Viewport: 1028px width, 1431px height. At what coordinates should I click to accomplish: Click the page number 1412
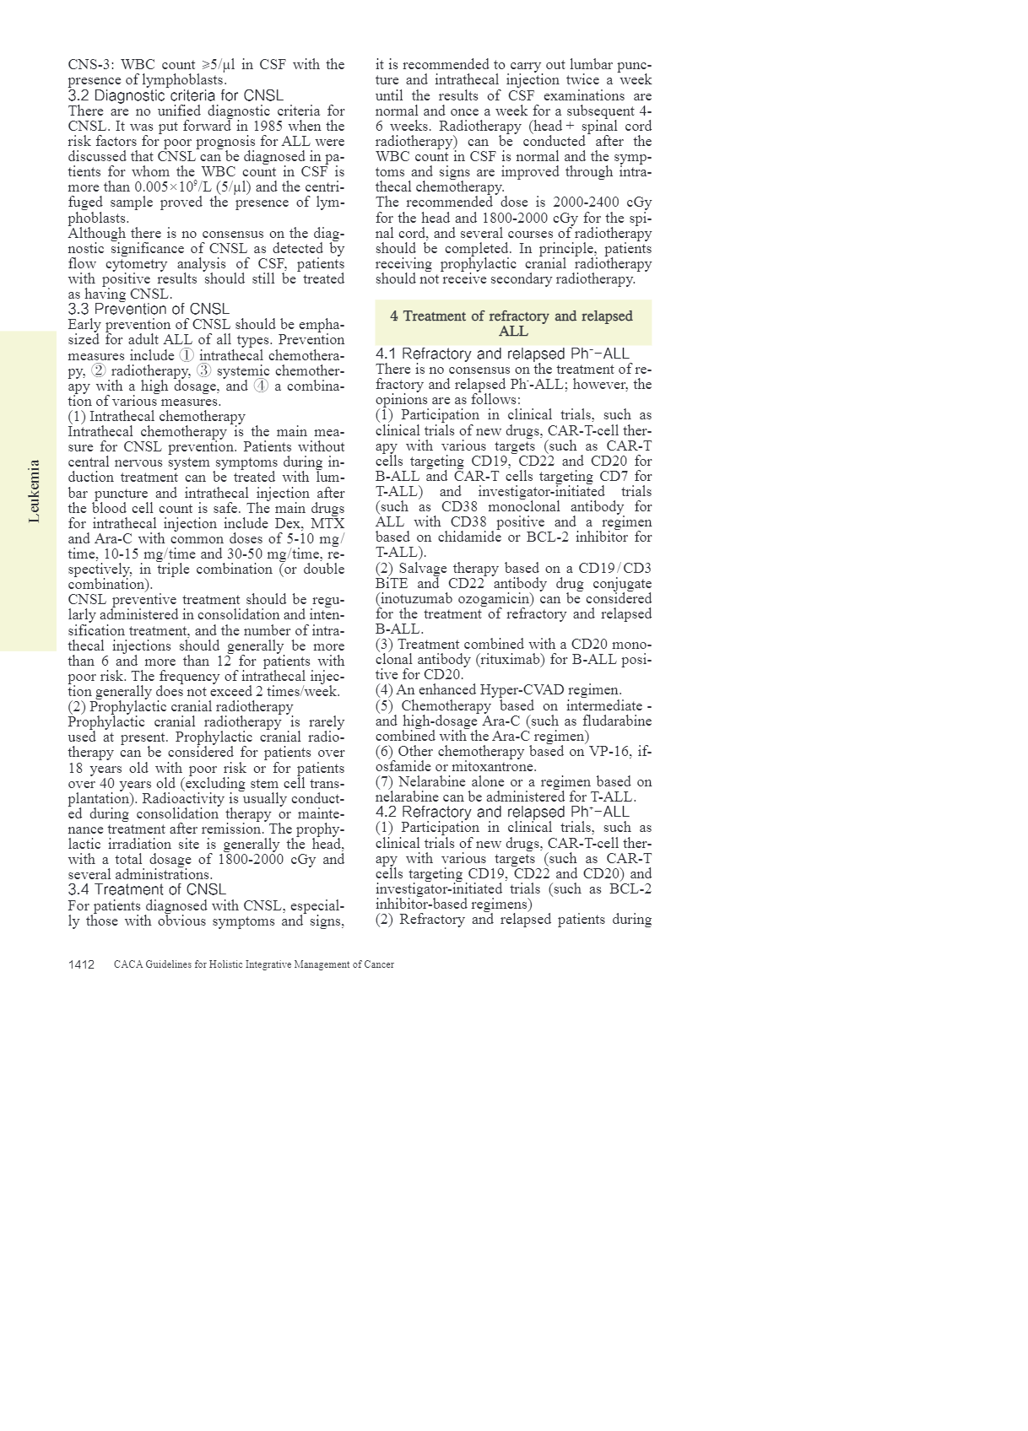(81, 964)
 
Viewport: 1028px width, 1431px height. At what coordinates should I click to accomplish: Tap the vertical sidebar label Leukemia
(35, 491)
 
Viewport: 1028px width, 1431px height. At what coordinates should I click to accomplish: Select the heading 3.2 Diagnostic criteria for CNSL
(176, 95)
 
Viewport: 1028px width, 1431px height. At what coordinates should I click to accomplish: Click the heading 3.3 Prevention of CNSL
(149, 309)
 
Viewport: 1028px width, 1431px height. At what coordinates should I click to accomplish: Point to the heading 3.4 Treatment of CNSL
(147, 889)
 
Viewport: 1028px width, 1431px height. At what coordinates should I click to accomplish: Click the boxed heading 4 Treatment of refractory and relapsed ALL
(512, 323)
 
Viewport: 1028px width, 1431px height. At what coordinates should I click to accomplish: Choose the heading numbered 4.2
(502, 812)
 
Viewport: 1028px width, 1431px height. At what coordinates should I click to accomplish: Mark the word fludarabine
(616, 721)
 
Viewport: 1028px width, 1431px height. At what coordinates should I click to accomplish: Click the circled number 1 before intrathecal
(187, 355)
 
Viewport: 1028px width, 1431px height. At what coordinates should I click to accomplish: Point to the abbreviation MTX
(327, 523)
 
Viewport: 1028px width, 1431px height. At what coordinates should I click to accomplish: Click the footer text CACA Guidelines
(253, 964)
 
